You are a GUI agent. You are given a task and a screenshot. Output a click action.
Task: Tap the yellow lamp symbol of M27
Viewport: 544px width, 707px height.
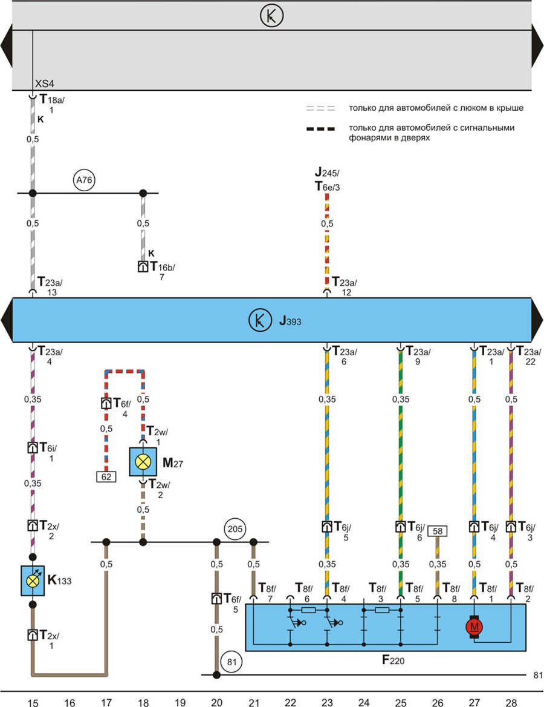coord(143,462)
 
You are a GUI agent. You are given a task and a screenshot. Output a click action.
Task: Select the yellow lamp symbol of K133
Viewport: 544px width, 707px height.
coord(33,580)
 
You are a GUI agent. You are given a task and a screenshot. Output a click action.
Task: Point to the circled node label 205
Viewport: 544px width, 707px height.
coord(236,528)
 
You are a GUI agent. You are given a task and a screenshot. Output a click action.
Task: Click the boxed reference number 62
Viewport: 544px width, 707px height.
coord(106,476)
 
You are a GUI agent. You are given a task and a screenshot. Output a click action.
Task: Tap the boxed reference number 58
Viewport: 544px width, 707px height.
coord(437,531)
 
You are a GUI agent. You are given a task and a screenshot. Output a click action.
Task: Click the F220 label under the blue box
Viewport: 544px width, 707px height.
coord(392,660)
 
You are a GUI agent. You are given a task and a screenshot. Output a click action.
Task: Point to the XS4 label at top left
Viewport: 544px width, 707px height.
coord(45,84)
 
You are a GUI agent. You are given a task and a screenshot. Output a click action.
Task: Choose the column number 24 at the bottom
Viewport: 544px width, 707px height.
coord(363,702)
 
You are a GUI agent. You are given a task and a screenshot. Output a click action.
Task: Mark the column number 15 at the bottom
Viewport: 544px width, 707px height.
coord(33,702)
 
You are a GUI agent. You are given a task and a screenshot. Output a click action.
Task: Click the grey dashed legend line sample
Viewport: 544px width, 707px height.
coord(320,109)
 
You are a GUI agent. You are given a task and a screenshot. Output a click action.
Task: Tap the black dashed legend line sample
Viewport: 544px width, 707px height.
coord(320,128)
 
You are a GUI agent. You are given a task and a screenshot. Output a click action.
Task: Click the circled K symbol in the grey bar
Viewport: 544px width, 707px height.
coord(271,16)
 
